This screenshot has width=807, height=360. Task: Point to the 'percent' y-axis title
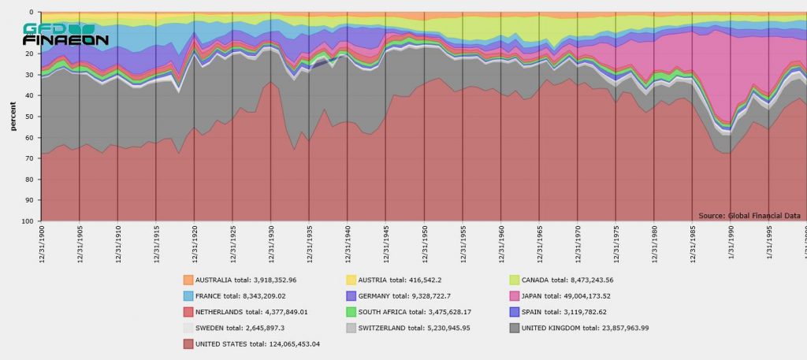coord(13,117)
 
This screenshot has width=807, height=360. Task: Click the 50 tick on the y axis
coord(29,117)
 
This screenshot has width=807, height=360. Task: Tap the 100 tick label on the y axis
coord(28,221)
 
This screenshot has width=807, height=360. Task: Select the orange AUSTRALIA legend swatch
coord(188,280)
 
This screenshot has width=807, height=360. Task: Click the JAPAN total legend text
coord(581,295)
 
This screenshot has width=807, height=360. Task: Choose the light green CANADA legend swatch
coord(515,280)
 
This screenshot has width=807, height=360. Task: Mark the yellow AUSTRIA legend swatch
coord(351,280)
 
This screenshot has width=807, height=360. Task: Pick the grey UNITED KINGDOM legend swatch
coord(515,328)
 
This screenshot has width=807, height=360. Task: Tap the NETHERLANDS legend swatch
coord(188,312)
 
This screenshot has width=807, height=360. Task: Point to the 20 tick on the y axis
coord(29,54)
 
